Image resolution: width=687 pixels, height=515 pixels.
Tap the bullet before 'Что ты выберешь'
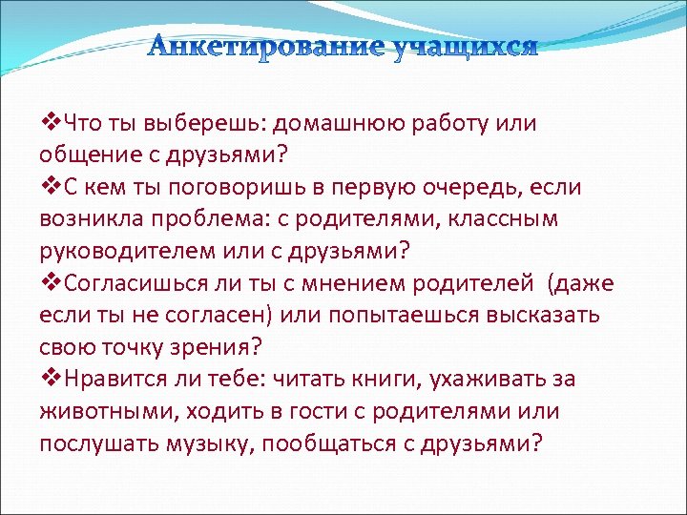tap(49, 122)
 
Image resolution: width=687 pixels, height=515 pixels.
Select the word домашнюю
tap(339, 123)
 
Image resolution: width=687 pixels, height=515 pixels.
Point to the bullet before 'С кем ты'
tap(49, 187)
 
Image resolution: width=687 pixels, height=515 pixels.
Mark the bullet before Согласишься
tap(49, 283)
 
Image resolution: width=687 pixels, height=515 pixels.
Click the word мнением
tap(390, 283)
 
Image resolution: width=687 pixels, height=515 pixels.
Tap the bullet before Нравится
tap(49, 380)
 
